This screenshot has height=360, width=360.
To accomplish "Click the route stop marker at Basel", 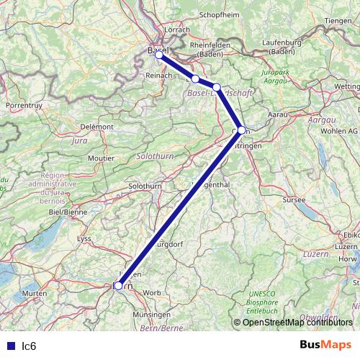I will [159, 54].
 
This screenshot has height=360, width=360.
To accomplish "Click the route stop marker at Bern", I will [119, 285].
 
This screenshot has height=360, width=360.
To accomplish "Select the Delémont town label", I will [98, 127].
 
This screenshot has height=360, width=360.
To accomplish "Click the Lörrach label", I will [177, 30].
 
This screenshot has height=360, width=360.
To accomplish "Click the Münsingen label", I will [150, 315].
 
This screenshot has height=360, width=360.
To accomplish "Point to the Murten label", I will [34, 294].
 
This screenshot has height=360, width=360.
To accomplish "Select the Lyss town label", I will [85, 238].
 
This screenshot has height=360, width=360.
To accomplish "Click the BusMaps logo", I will [325, 346].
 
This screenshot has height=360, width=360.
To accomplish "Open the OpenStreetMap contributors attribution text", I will [297, 322].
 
